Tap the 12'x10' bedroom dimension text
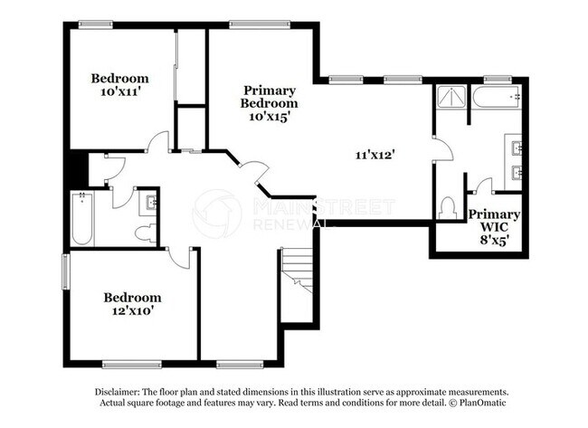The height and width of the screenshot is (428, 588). [x=132, y=312]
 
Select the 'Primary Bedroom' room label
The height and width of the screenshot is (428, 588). [x=270, y=97]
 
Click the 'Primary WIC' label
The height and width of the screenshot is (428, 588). [x=494, y=221]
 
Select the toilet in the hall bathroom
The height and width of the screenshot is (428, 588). [x=145, y=233]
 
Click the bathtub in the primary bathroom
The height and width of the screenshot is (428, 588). [x=498, y=97]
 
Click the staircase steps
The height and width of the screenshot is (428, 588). [x=296, y=271]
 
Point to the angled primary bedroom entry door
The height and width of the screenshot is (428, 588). [x=252, y=171]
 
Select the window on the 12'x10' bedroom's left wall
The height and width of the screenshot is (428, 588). [x=65, y=271]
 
